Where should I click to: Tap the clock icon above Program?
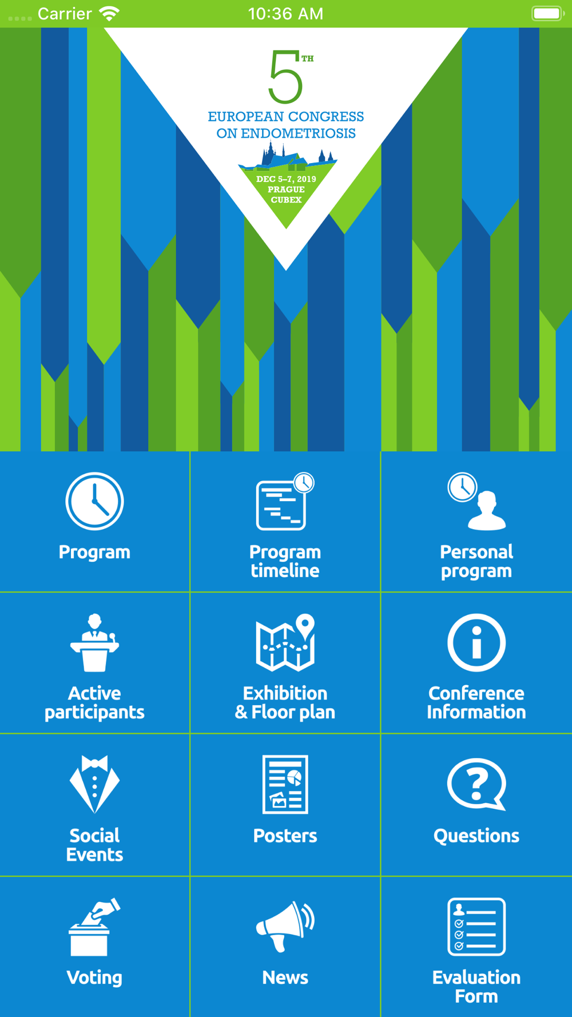click(94, 501)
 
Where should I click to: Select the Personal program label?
click(476, 561)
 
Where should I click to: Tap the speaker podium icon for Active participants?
click(94, 642)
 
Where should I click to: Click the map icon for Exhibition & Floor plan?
click(285, 642)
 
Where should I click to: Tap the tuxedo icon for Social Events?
click(94, 784)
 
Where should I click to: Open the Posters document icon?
click(285, 784)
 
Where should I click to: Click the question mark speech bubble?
click(476, 784)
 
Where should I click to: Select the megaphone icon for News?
click(285, 927)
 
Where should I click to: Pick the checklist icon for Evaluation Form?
click(476, 927)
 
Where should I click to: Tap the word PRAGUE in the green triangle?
click(286, 189)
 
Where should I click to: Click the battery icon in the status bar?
click(548, 13)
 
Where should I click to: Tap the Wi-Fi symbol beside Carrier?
click(109, 13)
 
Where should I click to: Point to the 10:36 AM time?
click(285, 14)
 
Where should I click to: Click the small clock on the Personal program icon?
click(462, 487)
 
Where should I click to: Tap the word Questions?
click(476, 836)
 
